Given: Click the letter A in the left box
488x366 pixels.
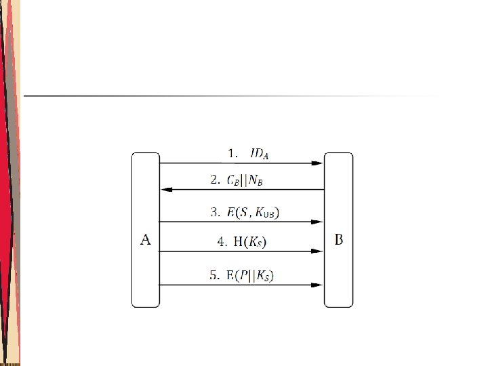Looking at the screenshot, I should pos(145,239).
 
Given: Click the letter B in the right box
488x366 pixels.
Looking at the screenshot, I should pos(339,239).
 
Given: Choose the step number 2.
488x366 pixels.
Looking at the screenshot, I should pos(215,181).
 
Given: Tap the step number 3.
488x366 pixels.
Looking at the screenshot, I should pos(215,213).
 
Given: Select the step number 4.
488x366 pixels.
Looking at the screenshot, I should pos(221,241).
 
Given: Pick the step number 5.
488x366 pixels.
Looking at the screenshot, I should pos(214,275).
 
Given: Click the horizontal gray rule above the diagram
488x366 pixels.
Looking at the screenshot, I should pos(230,96).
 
